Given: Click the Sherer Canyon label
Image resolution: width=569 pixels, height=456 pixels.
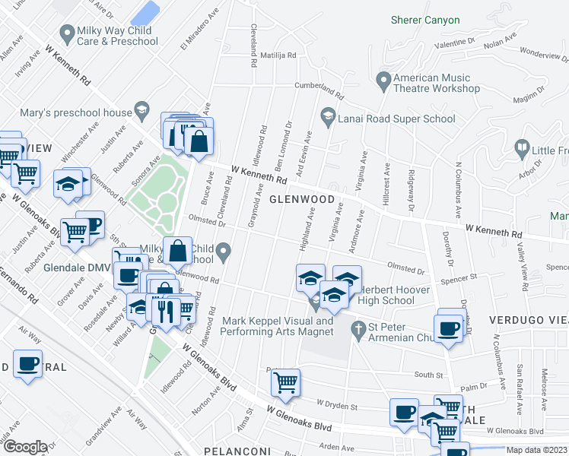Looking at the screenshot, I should click(425, 20).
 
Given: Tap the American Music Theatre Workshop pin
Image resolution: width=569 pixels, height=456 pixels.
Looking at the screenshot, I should click(383, 78).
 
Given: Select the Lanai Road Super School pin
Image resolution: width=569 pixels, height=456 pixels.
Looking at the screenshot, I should click(329, 116).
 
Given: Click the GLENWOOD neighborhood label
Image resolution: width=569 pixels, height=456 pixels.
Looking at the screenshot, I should click(301, 199).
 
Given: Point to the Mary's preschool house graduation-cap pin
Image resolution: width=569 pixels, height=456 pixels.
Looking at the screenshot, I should click(141, 112).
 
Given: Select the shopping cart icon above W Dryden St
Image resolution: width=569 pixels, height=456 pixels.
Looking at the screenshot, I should click(285, 382).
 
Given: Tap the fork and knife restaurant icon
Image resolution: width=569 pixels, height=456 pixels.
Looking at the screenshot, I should click(166, 309).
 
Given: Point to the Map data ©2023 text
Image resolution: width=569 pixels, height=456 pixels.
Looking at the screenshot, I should click(537, 450).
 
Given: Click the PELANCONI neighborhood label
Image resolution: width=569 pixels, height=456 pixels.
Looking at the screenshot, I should click(237, 451).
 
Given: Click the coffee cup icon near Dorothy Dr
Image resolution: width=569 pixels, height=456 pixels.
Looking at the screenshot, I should click(450, 327).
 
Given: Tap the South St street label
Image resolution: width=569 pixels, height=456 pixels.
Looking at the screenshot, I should click(428, 375).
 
